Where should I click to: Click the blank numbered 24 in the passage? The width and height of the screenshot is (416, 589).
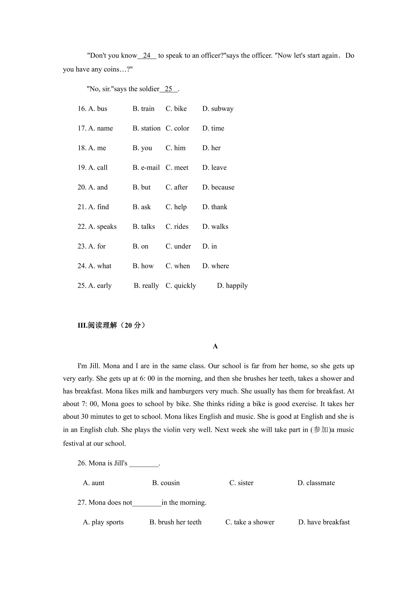click(x=147, y=56)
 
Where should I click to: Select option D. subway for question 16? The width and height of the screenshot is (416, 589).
click(x=218, y=109)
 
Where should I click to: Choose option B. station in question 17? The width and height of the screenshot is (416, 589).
click(x=146, y=128)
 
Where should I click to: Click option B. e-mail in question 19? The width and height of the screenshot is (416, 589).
click(x=146, y=168)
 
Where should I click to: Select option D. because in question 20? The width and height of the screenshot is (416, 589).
click(x=218, y=187)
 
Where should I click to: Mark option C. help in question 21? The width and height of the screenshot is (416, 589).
click(x=176, y=207)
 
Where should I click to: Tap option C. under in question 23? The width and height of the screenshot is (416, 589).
click(x=178, y=247)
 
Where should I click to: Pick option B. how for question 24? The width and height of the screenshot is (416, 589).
click(x=143, y=266)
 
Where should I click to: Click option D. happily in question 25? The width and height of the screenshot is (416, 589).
click(x=232, y=286)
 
